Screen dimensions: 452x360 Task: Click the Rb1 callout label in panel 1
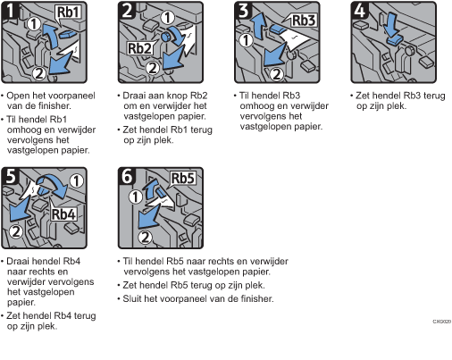[69, 13]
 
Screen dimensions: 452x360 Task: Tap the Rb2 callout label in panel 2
[139, 48]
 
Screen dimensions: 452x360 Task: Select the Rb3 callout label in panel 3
[303, 21]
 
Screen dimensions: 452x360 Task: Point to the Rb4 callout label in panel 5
[63, 214]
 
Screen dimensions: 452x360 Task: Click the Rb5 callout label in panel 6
[183, 179]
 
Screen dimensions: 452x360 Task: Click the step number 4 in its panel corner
[359, 11]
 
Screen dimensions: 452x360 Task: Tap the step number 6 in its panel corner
[127, 176]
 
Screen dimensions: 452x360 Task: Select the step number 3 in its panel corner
[243, 11]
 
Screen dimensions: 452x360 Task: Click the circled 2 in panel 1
[39, 73]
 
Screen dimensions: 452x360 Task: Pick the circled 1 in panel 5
[77, 180]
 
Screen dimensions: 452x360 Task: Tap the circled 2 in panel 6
[145, 238]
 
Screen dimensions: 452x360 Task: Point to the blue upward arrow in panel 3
[258, 28]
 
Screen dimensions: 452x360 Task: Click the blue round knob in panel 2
[165, 37]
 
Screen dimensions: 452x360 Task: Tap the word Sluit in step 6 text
[132, 298]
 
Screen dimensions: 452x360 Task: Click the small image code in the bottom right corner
[442, 322]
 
